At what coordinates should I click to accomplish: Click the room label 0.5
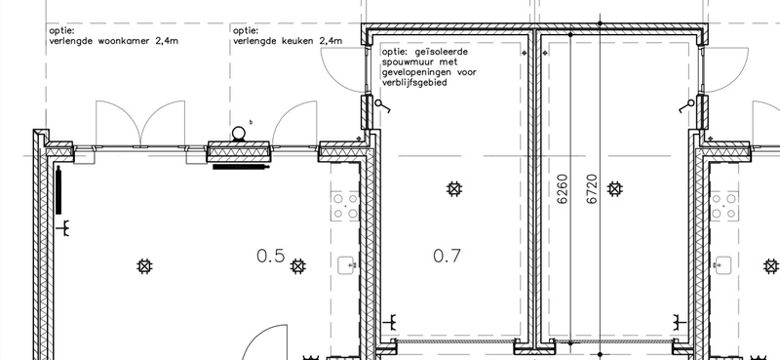(270, 257)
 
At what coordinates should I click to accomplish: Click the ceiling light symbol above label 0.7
(452, 188)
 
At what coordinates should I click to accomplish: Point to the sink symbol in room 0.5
(347, 264)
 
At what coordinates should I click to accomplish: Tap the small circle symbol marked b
(239, 132)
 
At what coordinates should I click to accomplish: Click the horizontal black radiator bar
(239, 167)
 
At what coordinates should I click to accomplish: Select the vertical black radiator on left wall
(59, 191)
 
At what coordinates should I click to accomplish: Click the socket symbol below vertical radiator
(65, 229)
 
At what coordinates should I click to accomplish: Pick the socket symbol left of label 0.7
(392, 320)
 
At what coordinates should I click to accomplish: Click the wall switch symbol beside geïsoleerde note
(382, 106)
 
